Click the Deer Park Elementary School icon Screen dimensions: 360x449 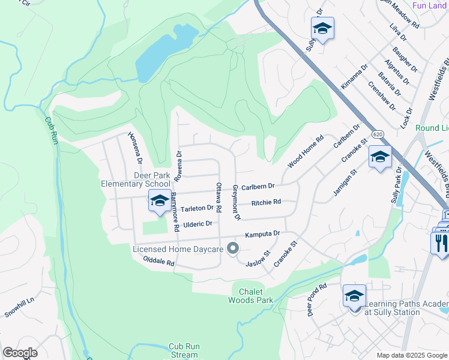(160, 202)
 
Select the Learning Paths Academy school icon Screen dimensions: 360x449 (354, 296)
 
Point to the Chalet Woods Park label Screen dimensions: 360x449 (252, 296)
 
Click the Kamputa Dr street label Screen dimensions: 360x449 (262, 233)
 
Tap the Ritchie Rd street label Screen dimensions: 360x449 (266, 203)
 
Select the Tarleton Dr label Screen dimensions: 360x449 (197, 208)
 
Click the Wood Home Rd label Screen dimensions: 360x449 (306, 151)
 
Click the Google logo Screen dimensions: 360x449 (20, 353)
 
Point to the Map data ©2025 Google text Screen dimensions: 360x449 (411, 355)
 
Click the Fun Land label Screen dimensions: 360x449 (430, 5)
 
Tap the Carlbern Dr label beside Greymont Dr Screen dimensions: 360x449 (258, 187)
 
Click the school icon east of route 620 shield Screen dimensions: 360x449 (380, 158)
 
